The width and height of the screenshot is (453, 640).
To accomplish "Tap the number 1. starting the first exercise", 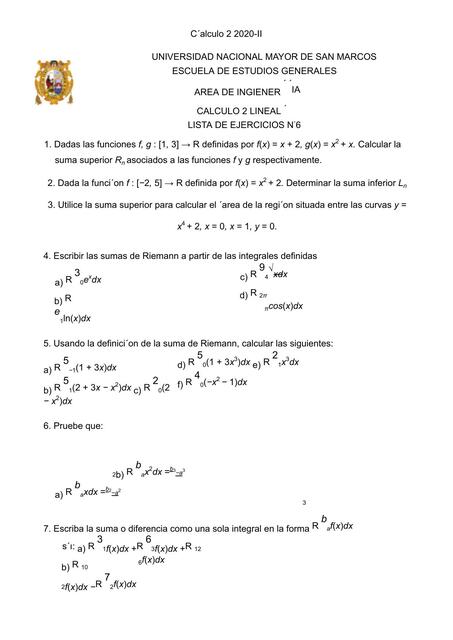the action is (x=37, y=145).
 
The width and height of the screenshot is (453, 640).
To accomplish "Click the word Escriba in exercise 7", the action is (x=73, y=526).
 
